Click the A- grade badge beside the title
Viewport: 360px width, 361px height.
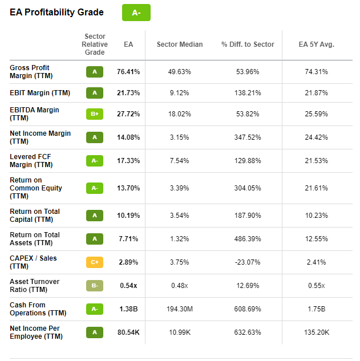click(x=136, y=13)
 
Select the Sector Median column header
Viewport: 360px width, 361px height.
click(x=179, y=44)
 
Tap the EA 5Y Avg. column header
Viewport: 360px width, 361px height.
click(x=317, y=44)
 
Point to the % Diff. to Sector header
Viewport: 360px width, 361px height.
click(x=248, y=44)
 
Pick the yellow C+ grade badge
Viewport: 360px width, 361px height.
click(x=95, y=262)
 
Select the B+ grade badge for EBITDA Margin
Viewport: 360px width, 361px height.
click(x=95, y=114)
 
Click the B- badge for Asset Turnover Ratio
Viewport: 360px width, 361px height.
click(x=95, y=286)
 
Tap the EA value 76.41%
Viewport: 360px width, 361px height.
click(x=129, y=72)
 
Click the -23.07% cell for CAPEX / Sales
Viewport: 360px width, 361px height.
click(x=248, y=262)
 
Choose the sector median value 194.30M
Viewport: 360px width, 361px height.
click(x=179, y=309)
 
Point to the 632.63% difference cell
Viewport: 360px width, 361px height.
click(x=248, y=332)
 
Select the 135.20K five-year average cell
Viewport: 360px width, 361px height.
click(x=317, y=332)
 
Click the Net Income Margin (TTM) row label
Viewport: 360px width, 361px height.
click(x=40, y=137)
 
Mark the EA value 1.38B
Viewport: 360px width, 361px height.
click(x=129, y=309)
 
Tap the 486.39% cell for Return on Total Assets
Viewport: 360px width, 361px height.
click(x=248, y=239)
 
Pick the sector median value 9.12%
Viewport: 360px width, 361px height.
click(x=179, y=93)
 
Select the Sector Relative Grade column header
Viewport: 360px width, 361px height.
click(x=95, y=44)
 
